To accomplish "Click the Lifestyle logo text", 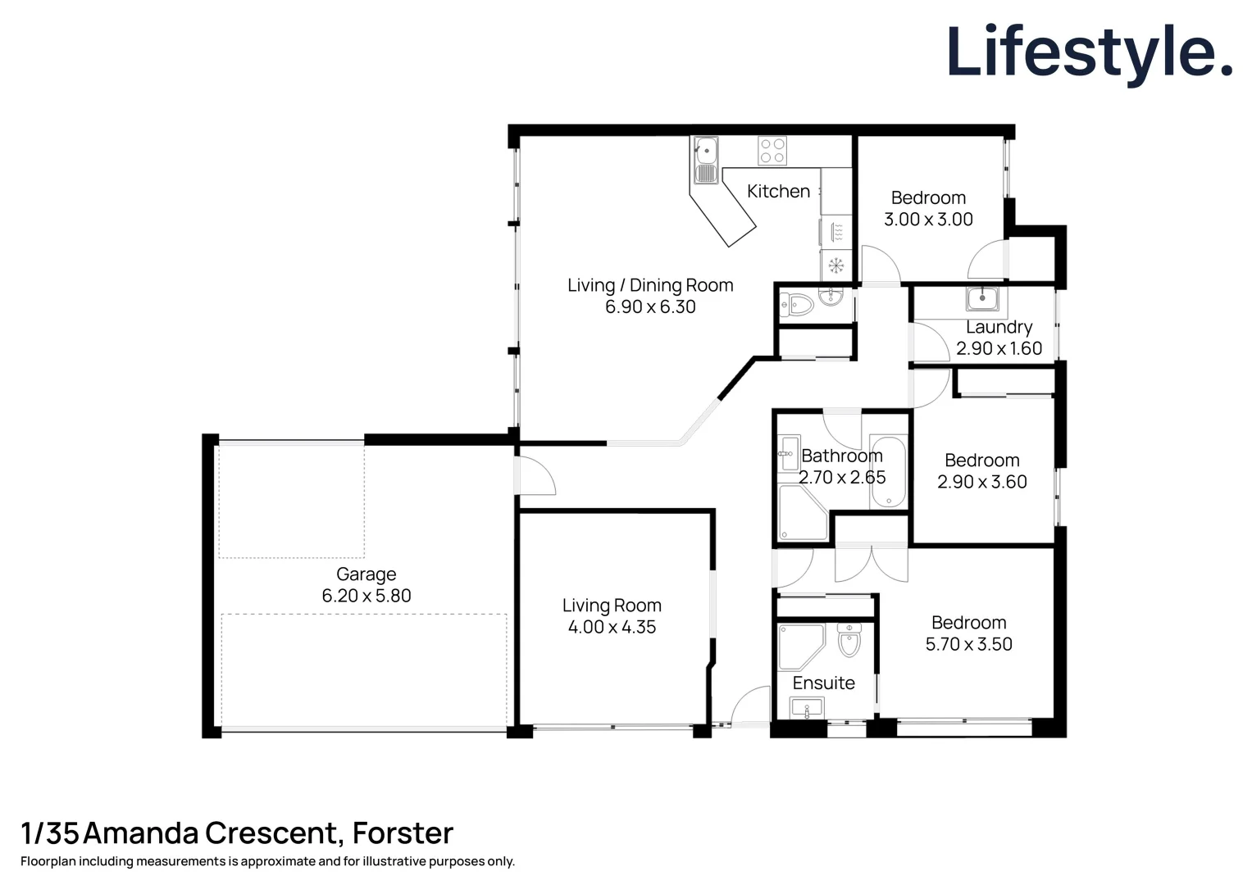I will [x=1089, y=52].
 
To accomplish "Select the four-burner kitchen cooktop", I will [x=772, y=151].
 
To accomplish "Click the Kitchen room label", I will [x=778, y=191].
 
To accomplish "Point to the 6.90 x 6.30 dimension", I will [x=650, y=307].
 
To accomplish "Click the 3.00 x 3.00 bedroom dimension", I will [x=928, y=220].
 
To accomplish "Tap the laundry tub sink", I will [x=982, y=299].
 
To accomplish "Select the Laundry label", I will [x=999, y=327].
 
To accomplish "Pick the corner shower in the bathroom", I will [x=800, y=514].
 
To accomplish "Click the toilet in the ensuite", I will [x=849, y=640].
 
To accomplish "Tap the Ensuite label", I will [x=823, y=683].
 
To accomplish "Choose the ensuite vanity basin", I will [x=807, y=707].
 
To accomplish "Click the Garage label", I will [x=366, y=574].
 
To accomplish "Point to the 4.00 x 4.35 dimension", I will [x=612, y=628].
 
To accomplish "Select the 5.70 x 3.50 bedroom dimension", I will [x=968, y=645].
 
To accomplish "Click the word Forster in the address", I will [x=403, y=833].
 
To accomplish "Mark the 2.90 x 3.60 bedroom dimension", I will [x=981, y=483].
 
